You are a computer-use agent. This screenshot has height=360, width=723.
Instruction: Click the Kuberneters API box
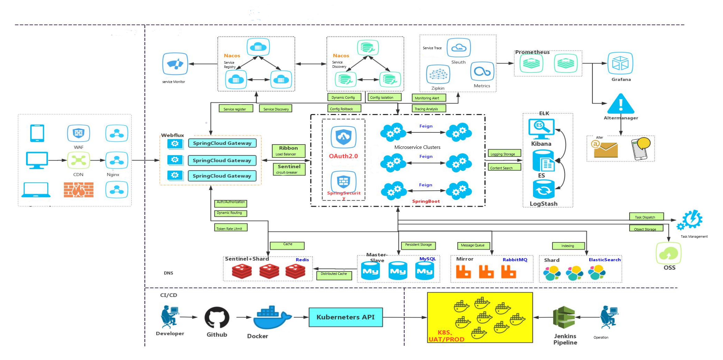coord(346,317)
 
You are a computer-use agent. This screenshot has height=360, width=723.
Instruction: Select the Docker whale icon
coord(271,318)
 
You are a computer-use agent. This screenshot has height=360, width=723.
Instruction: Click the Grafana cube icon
coord(620,63)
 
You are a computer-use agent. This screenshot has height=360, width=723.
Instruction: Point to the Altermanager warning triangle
coord(621,104)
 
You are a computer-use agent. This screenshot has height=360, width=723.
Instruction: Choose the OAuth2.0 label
coord(343,156)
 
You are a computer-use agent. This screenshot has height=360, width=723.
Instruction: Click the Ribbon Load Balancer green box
coord(289,151)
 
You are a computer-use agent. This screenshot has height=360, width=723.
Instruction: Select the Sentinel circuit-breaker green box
coord(289,169)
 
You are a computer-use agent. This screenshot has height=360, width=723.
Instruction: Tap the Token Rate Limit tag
coord(231,228)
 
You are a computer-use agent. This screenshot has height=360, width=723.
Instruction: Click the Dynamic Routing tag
coord(230,213)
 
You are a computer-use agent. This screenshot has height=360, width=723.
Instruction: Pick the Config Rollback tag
coord(344,109)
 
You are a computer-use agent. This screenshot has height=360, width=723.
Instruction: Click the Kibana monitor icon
coord(541,128)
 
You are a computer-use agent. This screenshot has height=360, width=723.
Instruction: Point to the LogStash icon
coord(544,189)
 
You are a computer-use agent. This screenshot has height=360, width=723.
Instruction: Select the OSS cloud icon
coord(669,254)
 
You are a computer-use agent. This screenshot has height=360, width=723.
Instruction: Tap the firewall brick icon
coord(79,190)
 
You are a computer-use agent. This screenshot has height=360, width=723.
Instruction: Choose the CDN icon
coord(79,160)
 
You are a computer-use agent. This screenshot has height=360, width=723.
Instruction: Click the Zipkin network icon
coord(438,74)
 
